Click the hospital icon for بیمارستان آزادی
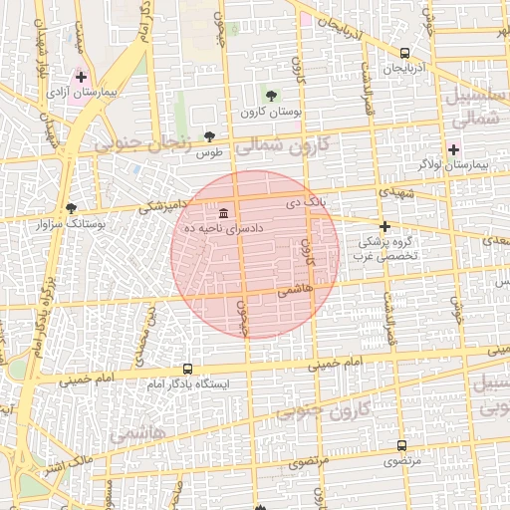point(81,77)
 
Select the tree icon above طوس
point(209,137)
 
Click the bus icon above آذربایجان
point(404,54)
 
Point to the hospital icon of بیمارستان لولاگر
point(453,149)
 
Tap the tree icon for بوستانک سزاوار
point(71,208)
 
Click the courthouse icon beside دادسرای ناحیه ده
point(222,213)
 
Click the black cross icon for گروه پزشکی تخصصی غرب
point(384,226)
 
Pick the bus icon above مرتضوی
point(401,446)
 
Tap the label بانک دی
point(307,202)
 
